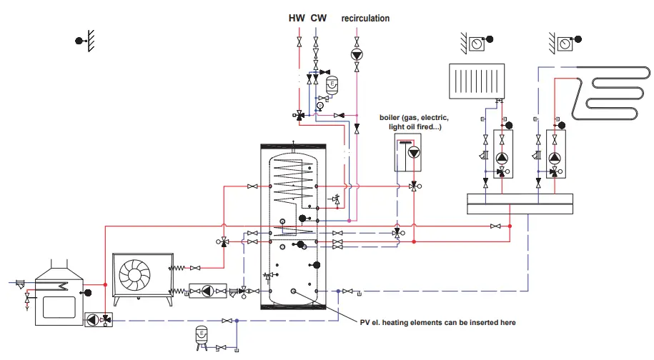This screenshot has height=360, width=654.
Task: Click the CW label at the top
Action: click(317, 18)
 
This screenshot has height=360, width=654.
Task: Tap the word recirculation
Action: click(365, 18)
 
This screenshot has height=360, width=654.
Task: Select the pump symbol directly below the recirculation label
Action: click(357, 54)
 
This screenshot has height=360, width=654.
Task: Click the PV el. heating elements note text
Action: click(437, 323)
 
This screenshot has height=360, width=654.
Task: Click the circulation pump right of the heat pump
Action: click(207, 291)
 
